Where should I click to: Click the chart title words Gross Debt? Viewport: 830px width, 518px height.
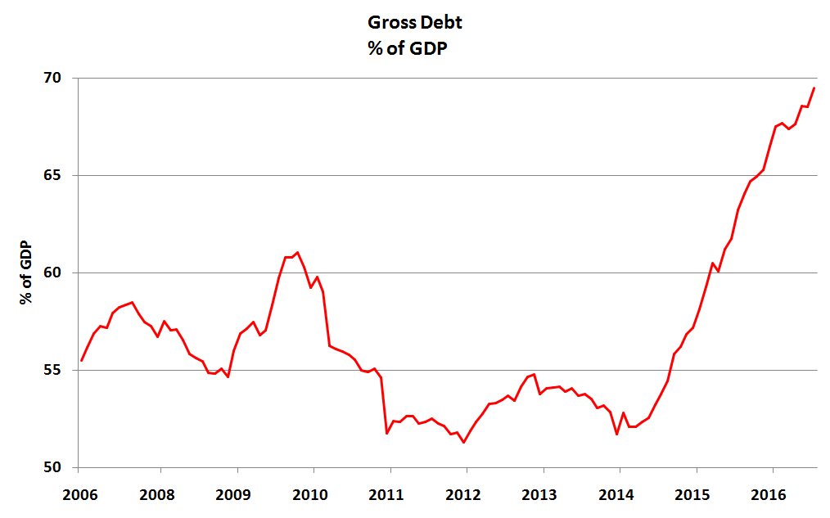[414, 24]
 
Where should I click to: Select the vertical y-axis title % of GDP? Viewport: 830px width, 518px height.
[27, 273]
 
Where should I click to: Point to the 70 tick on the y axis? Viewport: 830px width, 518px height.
[52, 79]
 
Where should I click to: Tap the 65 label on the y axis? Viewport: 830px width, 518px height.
[52, 176]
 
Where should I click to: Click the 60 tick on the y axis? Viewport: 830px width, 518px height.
[52, 273]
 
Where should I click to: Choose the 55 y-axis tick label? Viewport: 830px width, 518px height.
[52, 371]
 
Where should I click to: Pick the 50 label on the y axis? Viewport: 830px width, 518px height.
[52, 468]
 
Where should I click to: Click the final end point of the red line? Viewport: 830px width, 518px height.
[814, 88]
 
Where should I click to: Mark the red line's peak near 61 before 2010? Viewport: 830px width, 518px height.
[297, 252]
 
